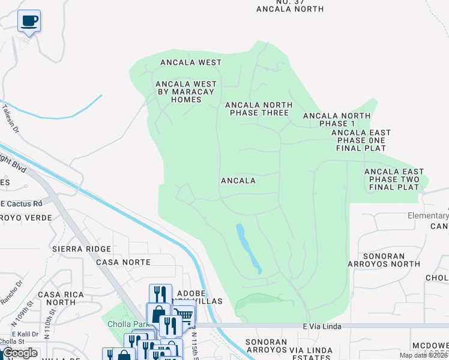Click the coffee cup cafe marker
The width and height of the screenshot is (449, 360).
point(29,21)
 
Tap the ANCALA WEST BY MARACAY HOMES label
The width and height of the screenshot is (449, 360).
point(186,92)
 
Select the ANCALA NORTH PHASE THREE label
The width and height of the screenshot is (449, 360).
point(259,109)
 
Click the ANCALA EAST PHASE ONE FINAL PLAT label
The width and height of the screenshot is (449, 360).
point(361,140)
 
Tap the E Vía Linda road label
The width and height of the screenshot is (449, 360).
point(322,326)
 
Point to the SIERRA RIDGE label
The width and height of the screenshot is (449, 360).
point(82,248)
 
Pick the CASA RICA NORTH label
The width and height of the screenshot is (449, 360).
point(58,298)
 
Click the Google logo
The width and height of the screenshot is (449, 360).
point(20,353)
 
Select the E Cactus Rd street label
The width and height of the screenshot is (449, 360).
point(21,203)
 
